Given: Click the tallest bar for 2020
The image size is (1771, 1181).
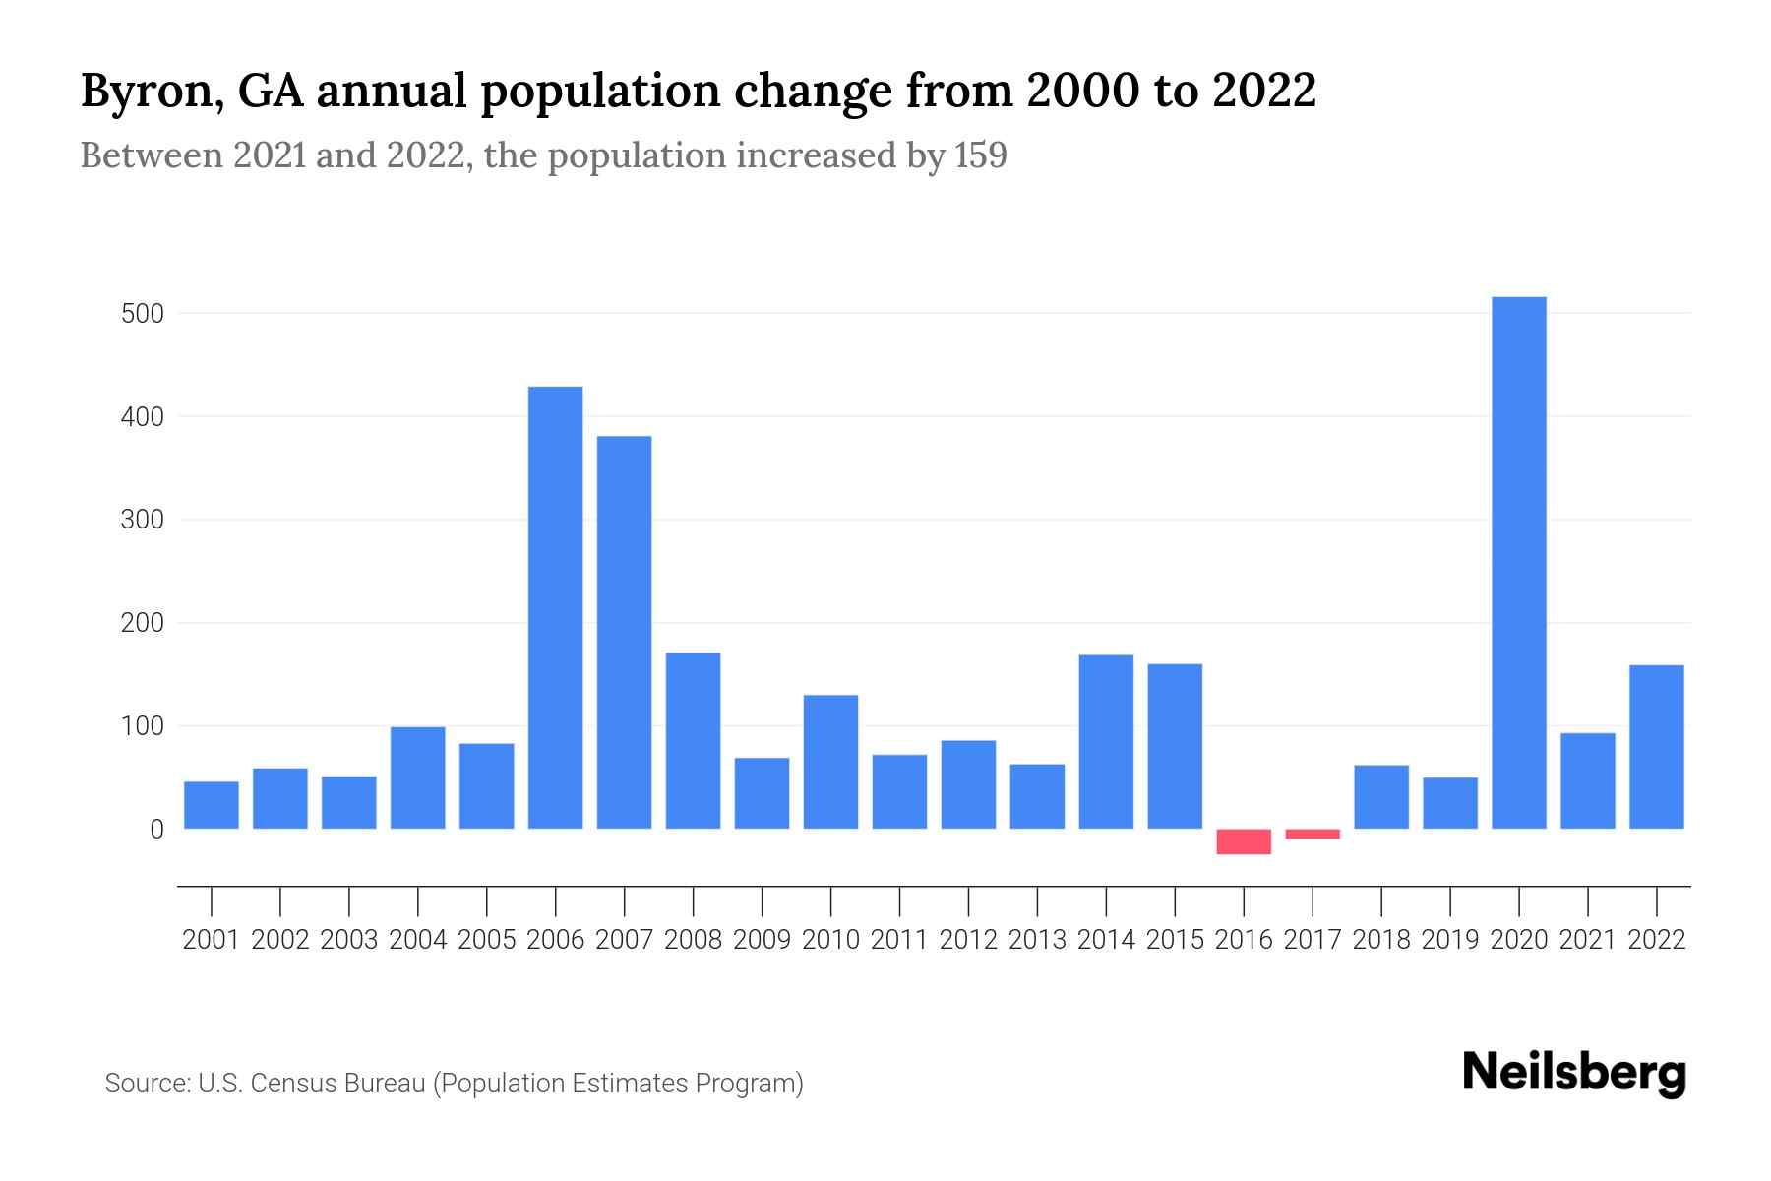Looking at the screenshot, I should click(x=1519, y=563).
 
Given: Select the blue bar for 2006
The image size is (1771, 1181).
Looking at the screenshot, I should click(x=556, y=607).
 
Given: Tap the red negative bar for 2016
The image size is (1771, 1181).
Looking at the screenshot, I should click(x=1244, y=841).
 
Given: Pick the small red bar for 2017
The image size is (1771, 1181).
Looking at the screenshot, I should click(x=1313, y=834).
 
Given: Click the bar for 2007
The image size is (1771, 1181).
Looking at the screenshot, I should click(x=625, y=632).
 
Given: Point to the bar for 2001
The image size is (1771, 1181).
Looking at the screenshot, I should click(x=212, y=805).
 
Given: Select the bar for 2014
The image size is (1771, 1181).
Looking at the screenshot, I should click(x=1106, y=741).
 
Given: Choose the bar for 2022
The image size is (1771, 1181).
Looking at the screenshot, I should click(x=1657, y=747).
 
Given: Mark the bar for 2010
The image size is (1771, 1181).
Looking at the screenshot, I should click(x=831, y=762).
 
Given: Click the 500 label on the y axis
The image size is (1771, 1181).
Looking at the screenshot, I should click(x=142, y=314).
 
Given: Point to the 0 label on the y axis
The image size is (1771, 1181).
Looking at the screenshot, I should click(x=156, y=830).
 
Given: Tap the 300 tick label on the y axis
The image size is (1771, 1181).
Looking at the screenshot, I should click(x=142, y=520).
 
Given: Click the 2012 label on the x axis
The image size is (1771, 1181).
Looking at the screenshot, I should click(x=968, y=940).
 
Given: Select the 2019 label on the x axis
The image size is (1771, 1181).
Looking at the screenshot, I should click(x=1450, y=940).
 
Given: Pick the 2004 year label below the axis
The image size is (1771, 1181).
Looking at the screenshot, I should click(x=418, y=940).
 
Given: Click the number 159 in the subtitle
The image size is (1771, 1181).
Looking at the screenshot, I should click(x=980, y=155).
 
